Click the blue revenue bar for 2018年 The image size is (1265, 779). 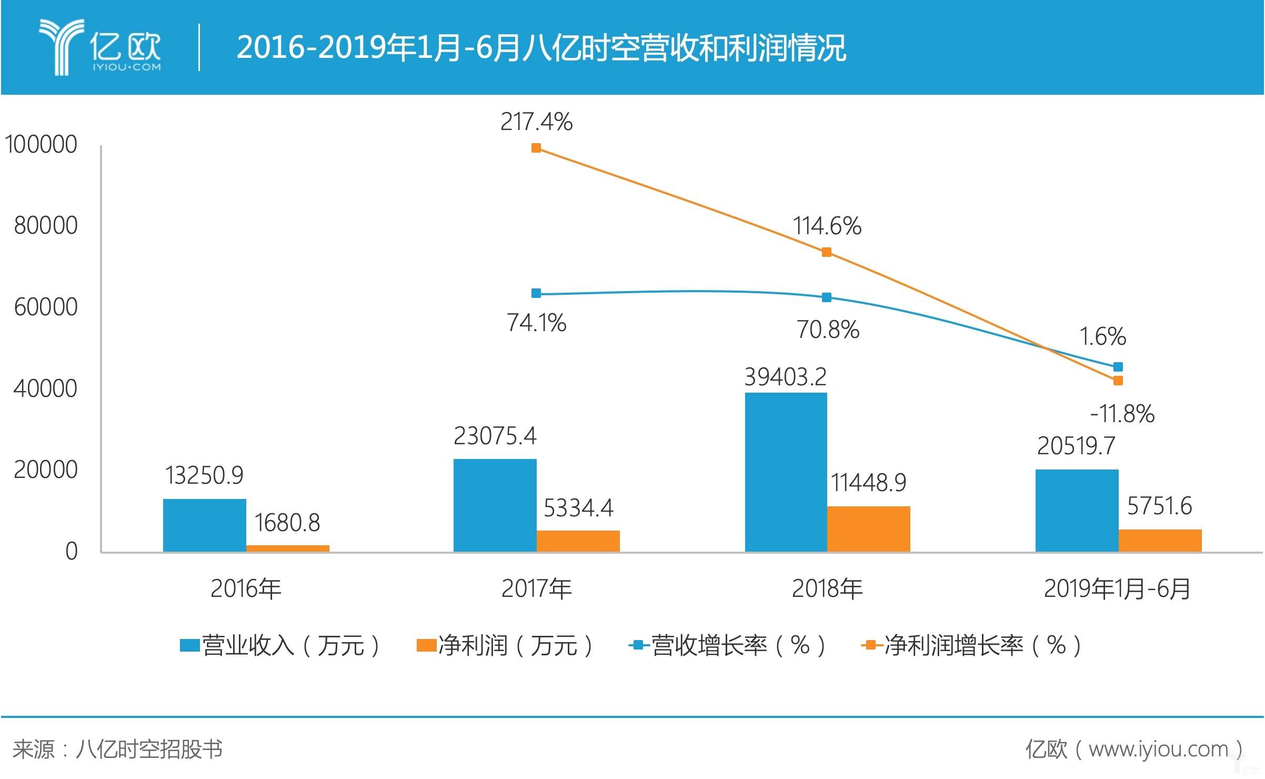click(786, 472)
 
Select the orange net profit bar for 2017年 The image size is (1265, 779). click(578, 541)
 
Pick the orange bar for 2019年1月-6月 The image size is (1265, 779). click(1160, 541)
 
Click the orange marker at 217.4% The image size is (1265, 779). click(536, 148)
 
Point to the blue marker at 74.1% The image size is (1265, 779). click(536, 293)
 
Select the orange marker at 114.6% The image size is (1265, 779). click(826, 252)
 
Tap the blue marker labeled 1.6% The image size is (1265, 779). click(1118, 367)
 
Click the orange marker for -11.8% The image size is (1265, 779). click(1118, 381)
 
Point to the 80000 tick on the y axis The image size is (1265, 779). click(46, 225)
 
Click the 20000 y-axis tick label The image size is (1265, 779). click(46, 470)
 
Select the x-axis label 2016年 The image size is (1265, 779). click(246, 588)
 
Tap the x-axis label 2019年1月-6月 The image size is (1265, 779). click(1117, 588)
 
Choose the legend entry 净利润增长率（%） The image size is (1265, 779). click(971, 645)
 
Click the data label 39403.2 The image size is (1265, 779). click(785, 377)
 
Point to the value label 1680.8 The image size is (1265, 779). click(287, 523)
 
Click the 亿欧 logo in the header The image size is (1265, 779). click(100, 47)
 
